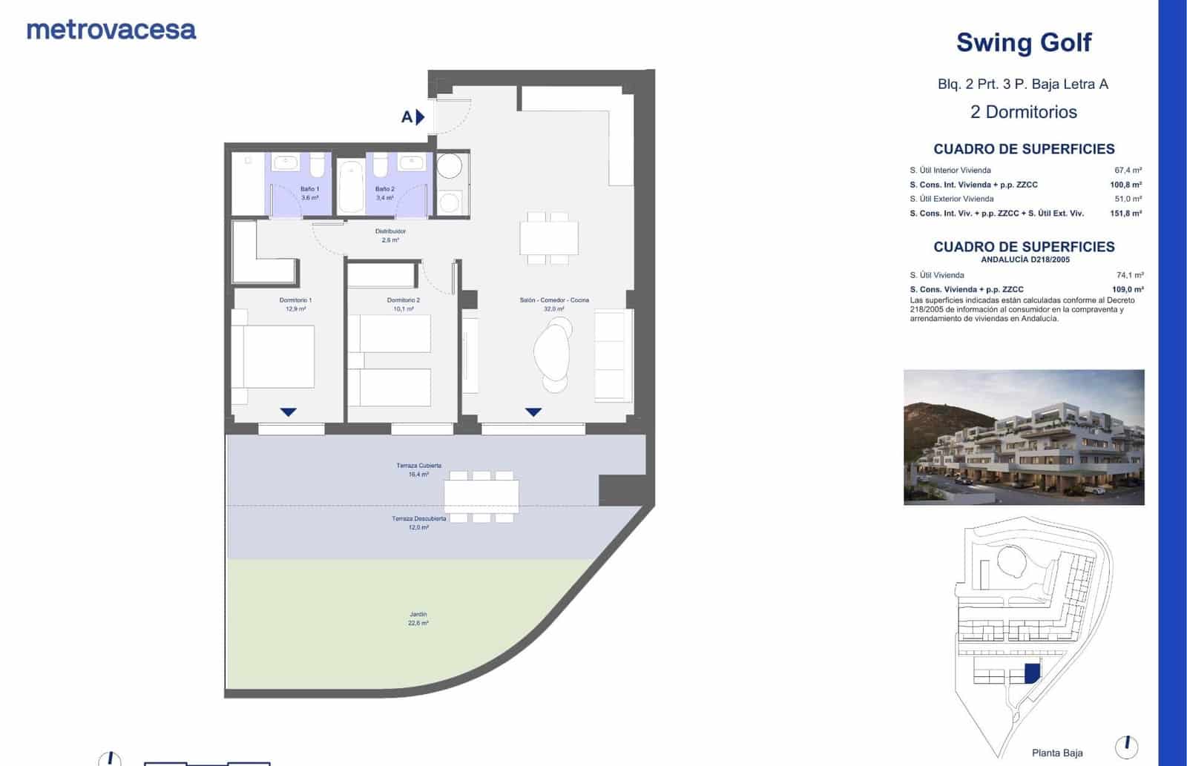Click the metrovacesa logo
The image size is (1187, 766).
[x=111, y=30]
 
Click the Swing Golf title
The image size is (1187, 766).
[x=1023, y=42]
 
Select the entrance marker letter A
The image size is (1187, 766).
[x=407, y=116]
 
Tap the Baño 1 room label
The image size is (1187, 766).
[x=309, y=193]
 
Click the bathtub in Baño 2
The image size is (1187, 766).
[x=350, y=186]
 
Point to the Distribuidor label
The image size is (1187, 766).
[x=390, y=235]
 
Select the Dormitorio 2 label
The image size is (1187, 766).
[x=403, y=304]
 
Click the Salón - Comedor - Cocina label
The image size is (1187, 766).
[x=554, y=304]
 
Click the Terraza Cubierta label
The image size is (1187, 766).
[x=418, y=469]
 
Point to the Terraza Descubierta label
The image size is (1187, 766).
[x=419, y=522]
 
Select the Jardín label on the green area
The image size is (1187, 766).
[x=418, y=618]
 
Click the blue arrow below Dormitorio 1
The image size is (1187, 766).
[x=288, y=412]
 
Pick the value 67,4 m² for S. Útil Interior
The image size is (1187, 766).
[x=1128, y=170]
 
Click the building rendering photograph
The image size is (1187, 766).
[x=1023, y=437]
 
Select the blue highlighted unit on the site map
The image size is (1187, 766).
[x=1032, y=673]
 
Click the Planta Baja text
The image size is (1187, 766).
[x=1057, y=753]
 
